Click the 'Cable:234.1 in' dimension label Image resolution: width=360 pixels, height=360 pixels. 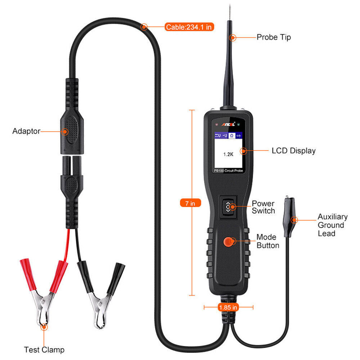point(189,27)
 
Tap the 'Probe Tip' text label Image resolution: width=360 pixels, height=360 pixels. point(274,37)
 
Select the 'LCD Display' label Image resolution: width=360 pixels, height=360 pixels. point(293,151)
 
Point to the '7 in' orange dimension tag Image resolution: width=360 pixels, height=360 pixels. point(190,203)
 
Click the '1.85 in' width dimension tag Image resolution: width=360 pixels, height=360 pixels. point(228,307)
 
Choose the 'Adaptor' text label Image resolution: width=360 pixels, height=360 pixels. point(26,131)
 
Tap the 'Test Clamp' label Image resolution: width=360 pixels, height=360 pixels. point(44,350)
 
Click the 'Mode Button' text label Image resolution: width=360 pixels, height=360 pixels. point(267,241)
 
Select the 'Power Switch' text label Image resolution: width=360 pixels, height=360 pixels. point(263,207)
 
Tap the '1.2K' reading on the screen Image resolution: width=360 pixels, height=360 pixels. point(229,154)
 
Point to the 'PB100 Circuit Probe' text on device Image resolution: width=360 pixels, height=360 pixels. point(228,171)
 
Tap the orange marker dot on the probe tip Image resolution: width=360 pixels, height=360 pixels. point(233,37)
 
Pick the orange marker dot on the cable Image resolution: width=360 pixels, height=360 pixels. point(144,27)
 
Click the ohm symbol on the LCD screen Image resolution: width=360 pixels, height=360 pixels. point(232,135)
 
